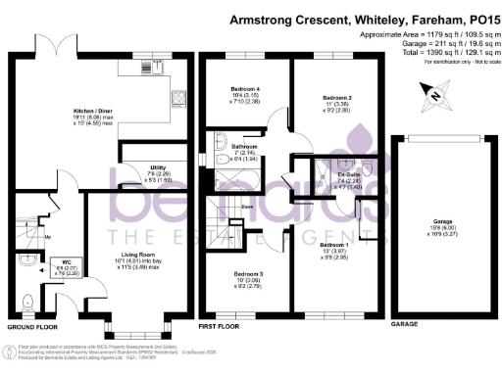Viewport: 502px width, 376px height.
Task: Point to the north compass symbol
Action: click(x=433, y=95)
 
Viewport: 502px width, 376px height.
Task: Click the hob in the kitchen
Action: click(x=179, y=98)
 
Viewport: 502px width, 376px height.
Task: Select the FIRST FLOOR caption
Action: click(x=218, y=324)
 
